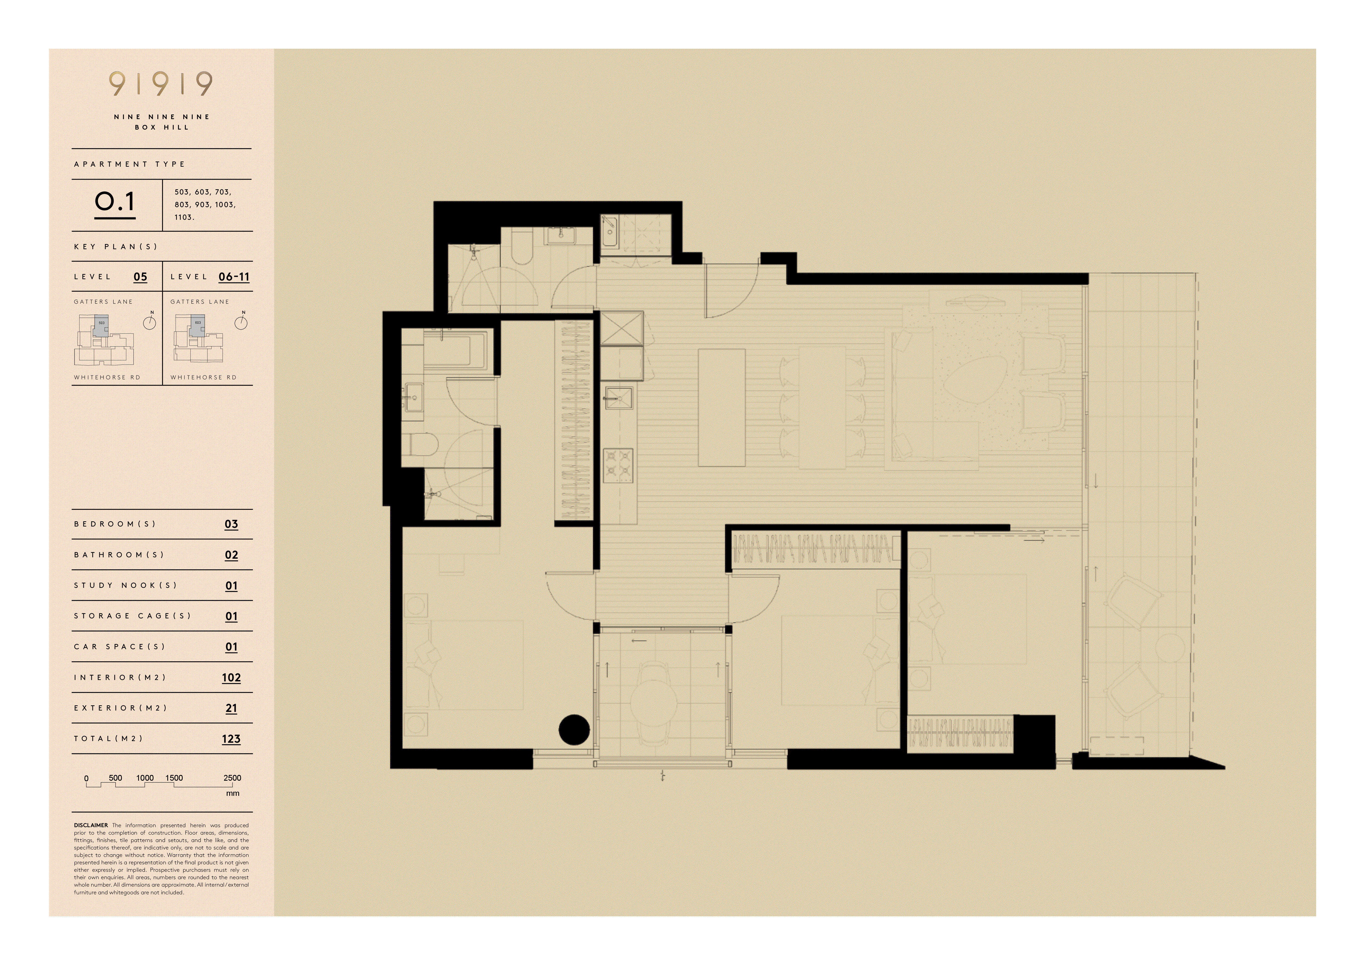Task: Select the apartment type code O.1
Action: pos(115,202)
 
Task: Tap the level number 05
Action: pos(140,277)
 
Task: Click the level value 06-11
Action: pos(234,277)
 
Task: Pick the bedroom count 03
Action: pos(231,524)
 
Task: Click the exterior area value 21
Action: pos(231,708)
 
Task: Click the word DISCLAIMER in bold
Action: pos(91,825)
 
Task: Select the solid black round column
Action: pos(574,729)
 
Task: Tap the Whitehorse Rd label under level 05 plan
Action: pos(107,377)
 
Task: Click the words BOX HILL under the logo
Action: pos(162,127)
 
